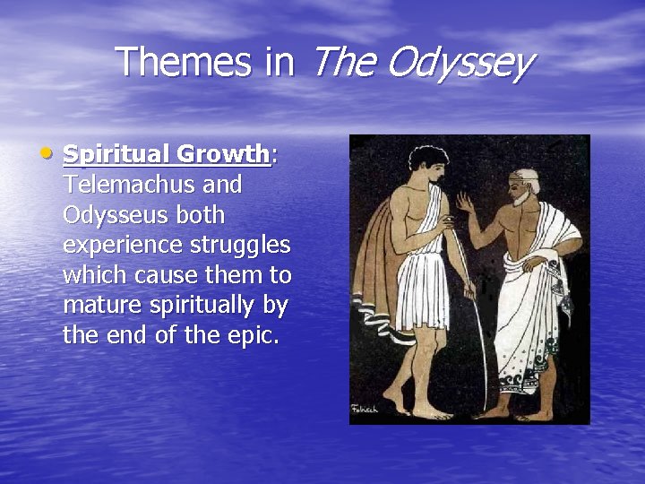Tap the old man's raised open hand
(465, 202)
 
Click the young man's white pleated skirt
(422, 287)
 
